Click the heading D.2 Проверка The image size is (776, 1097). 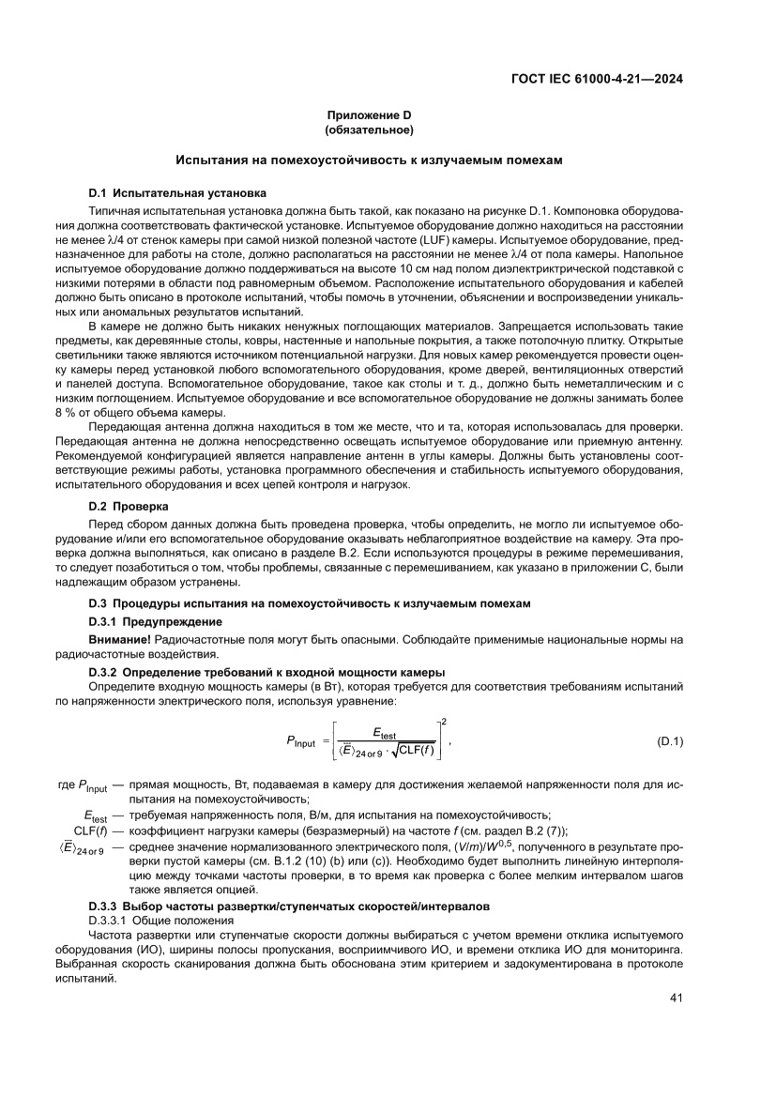click(128, 506)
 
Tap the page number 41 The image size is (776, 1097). click(675, 997)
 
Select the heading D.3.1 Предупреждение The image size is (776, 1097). click(155, 621)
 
